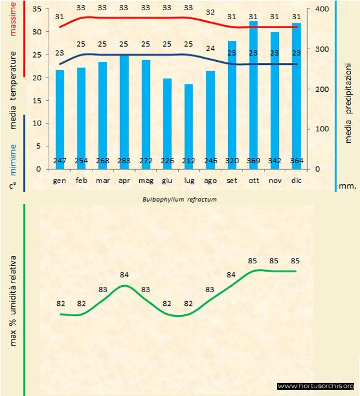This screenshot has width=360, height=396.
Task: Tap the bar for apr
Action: tap(124, 112)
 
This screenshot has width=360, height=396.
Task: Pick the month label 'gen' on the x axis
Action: tap(59, 180)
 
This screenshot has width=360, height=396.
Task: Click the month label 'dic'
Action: tap(296, 180)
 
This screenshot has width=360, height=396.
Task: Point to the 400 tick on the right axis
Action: tap(322, 9)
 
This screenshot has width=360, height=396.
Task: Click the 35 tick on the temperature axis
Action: tap(36, 9)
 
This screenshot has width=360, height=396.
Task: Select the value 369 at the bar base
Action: tap(253, 161)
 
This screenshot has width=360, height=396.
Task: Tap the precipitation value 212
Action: tap(188, 161)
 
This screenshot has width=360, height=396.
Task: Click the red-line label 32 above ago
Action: tap(210, 12)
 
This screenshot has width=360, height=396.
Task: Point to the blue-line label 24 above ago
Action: tap(210, 49)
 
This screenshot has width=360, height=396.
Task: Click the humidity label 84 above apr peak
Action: tap(124, 275)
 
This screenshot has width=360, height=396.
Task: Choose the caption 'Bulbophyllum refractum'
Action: tap(179, 199)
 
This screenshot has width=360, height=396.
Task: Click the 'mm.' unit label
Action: tap(348, 186)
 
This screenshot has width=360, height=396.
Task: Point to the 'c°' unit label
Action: tap(12, 186)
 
